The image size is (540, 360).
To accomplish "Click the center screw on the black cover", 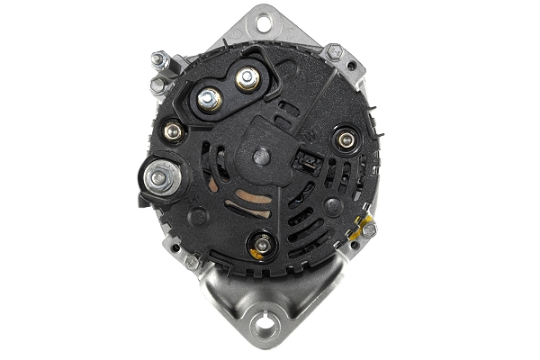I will click(x=262, y=156).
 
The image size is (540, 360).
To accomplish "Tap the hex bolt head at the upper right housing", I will click(x=333, y=51).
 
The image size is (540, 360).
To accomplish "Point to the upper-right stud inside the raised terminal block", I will click(x=244, y=79).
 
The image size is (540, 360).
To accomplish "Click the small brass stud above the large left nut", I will click(x=174, y=132).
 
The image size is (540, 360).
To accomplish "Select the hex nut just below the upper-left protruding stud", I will click(x=158, y=85).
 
